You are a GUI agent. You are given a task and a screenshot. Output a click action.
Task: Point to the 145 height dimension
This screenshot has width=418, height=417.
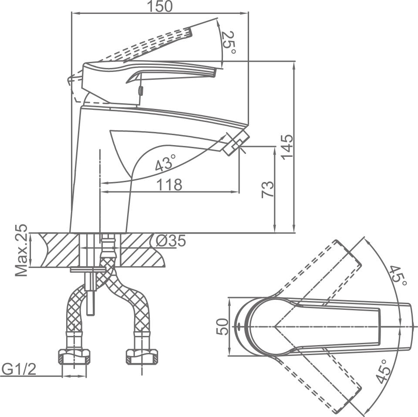tap(287, 147)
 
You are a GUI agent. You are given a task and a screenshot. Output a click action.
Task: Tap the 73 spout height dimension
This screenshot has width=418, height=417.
tap(268, 189)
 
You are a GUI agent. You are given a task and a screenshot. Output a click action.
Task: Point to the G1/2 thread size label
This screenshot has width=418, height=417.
tap(19, 370)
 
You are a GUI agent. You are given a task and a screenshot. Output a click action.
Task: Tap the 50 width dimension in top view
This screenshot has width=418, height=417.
tap(222, 326)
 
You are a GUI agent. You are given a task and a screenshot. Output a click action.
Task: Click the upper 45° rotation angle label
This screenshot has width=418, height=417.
tap(398, 276)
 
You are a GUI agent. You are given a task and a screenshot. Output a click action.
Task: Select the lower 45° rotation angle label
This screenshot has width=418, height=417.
tap(383, 371)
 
